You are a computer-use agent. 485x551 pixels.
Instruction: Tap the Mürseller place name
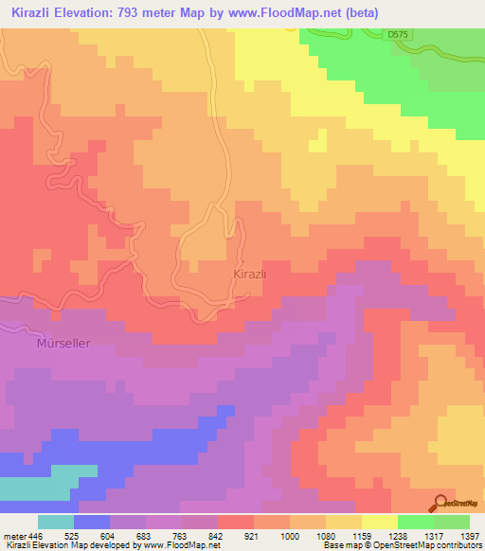coord(64,344)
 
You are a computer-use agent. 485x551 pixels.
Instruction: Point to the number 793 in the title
coord(135,12)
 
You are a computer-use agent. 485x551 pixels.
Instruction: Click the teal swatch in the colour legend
coord(56,522)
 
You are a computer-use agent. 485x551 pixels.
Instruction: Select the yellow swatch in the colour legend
coord(380,522)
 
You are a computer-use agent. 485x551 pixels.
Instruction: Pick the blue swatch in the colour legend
coord(92,522)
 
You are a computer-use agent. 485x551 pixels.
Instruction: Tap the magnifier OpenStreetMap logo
coord(441,502)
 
